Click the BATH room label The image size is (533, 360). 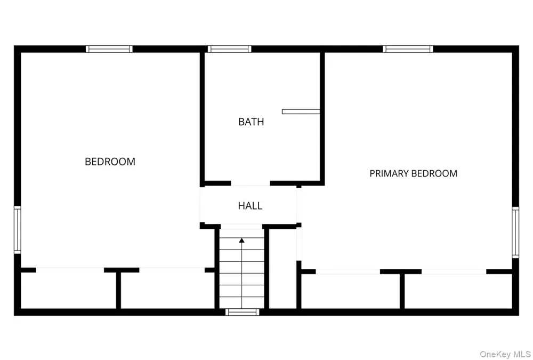(251, 122)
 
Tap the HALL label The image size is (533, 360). (250, 206)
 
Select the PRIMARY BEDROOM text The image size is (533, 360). (414, 173)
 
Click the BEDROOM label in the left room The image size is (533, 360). (110, 162)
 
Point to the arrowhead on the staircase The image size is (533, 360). (241, 241)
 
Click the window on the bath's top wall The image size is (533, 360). (229, 49)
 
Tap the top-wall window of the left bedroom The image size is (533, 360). (109, 49)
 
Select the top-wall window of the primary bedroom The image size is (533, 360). (408, 49)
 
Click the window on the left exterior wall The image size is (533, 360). (18, 230)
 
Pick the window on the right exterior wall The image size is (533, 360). (515, 233)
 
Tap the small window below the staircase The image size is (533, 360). (243, 312)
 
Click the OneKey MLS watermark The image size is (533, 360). (505, 354)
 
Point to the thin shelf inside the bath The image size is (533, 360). (301, 111)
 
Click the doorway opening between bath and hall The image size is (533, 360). (251, 183)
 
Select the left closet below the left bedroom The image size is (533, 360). (68, 290)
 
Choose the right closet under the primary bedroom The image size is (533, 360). (458, 291)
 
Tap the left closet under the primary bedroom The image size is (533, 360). (351, 291)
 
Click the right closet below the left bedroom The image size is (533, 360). (167, 290)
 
